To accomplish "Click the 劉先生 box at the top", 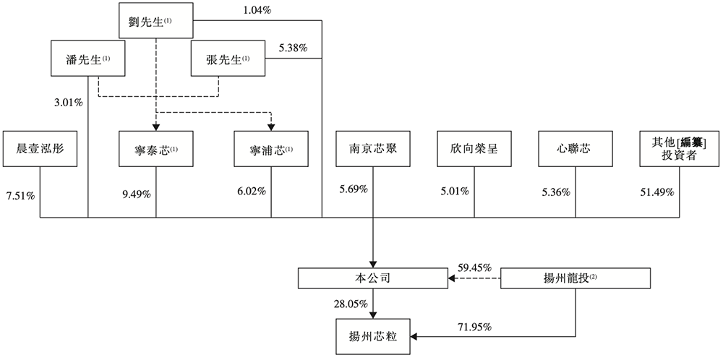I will pyautogui.click(x=155, y=22).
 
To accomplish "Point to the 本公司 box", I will pyautogui.click(x=372, y=278).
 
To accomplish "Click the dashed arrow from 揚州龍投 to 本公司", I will pyautogui.click(x=474, y=278).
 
